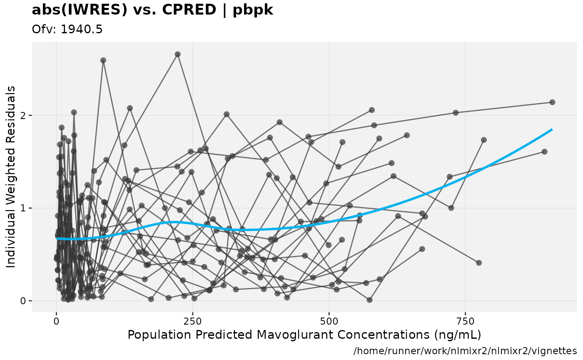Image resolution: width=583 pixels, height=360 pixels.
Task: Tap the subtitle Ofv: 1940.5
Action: pyautogui.click(x=67, y=29)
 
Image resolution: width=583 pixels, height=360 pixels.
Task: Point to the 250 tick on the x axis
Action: pyautogui.click(x=193, y=322)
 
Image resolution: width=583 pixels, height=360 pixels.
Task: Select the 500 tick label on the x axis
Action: pyautogui.click(x=329, y=322)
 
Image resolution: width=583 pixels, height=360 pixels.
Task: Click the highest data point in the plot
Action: pyautogui.click(x=177, y=55)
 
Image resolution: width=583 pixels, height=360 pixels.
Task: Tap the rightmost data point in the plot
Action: pyautogui.click(x=552, y=102)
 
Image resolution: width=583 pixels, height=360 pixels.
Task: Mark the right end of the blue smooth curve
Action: pyautogui.click(x=552, y=130)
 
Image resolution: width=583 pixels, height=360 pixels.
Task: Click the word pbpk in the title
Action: pyautogui.click(x=253, y=10)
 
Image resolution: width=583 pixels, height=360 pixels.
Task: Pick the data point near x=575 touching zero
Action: pyautogui.click(x=369, y=300)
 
